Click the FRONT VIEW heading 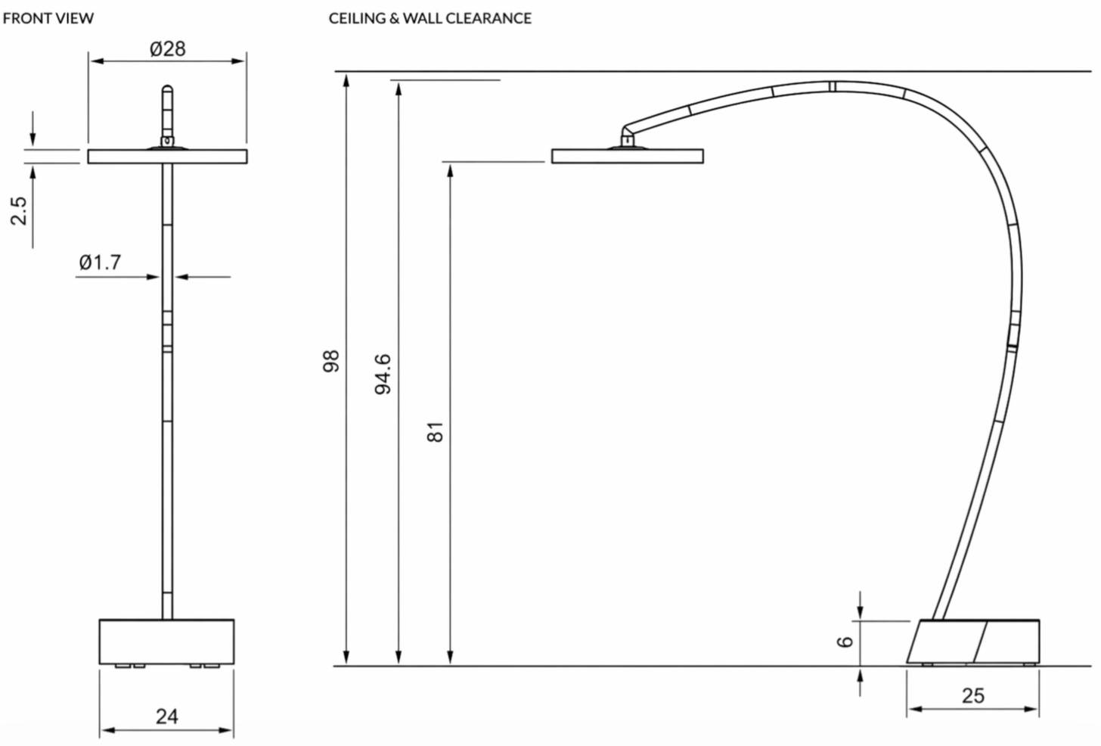point(48,18)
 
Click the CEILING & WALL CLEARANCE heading point(430,18)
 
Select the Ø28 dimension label point(168,48)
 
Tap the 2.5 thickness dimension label point(19,211)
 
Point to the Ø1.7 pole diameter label point(100,262)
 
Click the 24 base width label point(166,716)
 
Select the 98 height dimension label point(330,361)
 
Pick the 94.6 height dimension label point(383,375)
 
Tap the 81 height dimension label point(435,432)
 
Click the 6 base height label point(845,642)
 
